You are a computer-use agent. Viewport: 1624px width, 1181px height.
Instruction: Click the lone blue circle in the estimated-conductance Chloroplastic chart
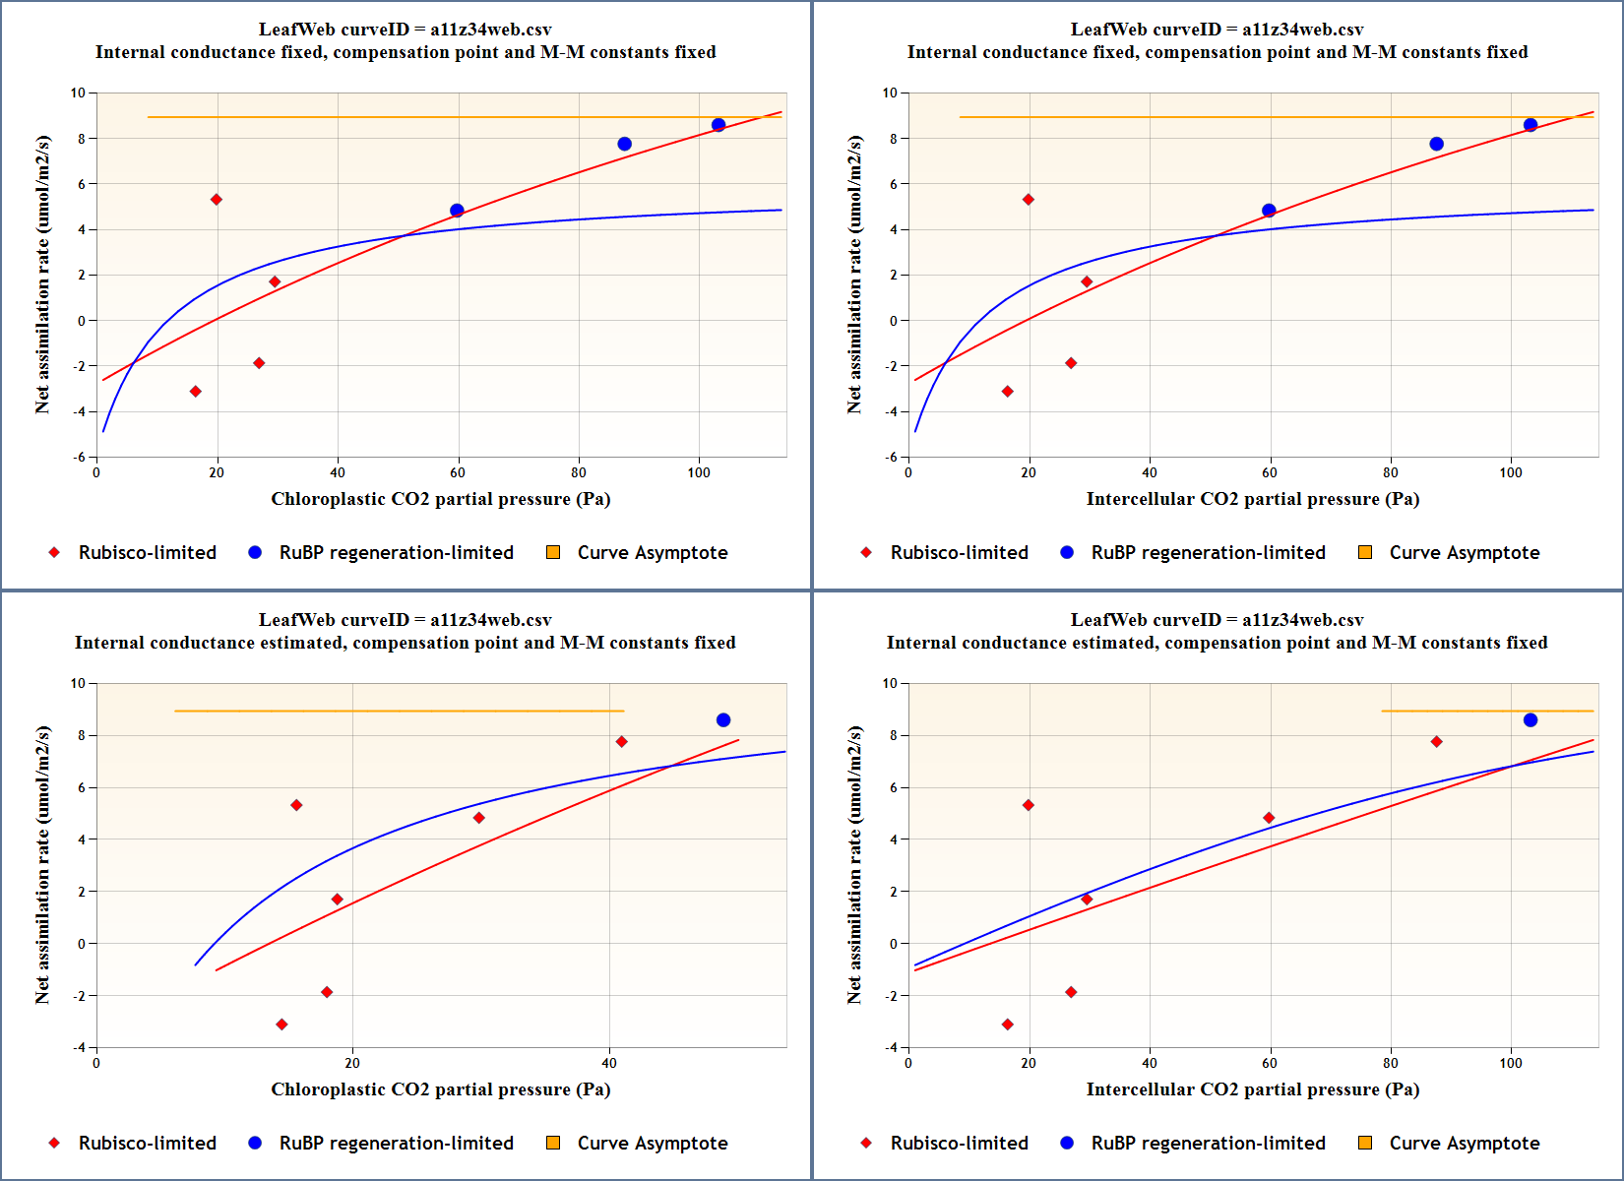(723, 720)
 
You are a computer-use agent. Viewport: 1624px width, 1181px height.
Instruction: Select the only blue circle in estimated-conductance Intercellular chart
(1530, 720)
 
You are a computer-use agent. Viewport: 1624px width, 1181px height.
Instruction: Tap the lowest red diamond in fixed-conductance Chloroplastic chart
(196, 392)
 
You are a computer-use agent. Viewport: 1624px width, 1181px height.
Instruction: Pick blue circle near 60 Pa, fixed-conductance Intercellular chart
(1269, 211)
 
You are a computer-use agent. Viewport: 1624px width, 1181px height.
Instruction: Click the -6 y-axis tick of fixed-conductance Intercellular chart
(891, 457)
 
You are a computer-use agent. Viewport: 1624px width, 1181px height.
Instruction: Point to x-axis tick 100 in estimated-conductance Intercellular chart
(1511, 1063)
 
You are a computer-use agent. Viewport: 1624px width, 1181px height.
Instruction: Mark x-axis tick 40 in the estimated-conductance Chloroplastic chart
(609, 1063)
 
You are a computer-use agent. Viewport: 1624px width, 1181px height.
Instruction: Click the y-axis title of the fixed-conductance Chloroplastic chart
(42, 275)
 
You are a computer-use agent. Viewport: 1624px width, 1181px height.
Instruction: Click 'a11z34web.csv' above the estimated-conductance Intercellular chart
(1302, 620)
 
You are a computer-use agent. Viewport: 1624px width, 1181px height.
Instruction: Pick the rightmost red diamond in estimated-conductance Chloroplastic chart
(621, 742)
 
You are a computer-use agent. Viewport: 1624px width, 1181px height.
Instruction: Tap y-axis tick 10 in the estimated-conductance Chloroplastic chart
(79, 683)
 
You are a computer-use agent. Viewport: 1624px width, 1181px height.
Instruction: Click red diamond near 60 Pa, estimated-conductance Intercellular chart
(1269, 818)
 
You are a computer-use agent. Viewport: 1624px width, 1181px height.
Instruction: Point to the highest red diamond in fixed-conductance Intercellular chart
(1029, 200)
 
